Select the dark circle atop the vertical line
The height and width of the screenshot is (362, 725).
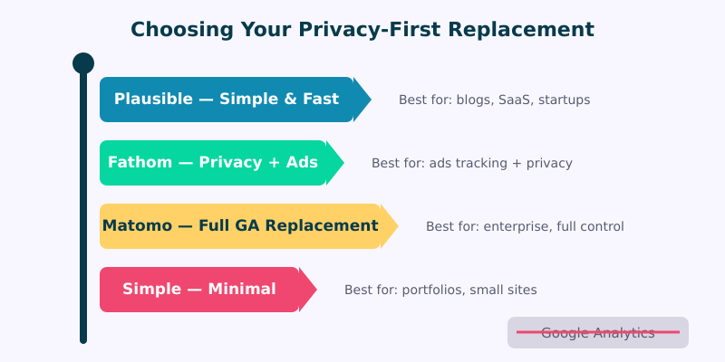pyautogui.click(x=83, y=63)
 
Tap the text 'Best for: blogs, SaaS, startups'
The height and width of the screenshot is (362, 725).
pyautogui.click(x=494, y=100)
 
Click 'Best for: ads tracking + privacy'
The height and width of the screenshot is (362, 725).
pyautogui.click(x=471, y=163)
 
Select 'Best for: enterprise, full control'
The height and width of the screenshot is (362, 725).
pyautogui.click(x=525, y=226)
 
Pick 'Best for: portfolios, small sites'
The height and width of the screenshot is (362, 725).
pyautogui.click(x=440, y=290)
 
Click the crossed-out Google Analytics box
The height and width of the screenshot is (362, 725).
pyautogui.click(x=598, y=333)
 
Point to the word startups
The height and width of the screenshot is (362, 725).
pyautogui.click(x=564, y=100)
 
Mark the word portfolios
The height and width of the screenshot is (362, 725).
pyautogui.click(x=431, y=290)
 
